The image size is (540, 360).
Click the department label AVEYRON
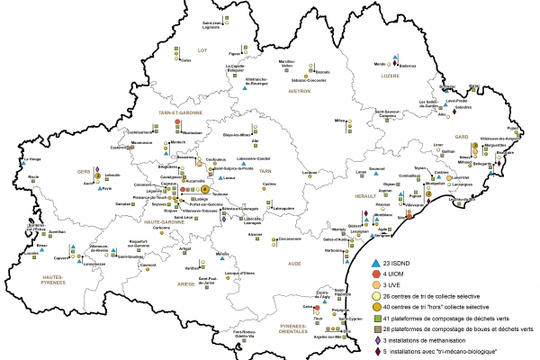click(x=298, y=91)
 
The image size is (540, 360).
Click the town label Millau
click(x=340, y=120)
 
